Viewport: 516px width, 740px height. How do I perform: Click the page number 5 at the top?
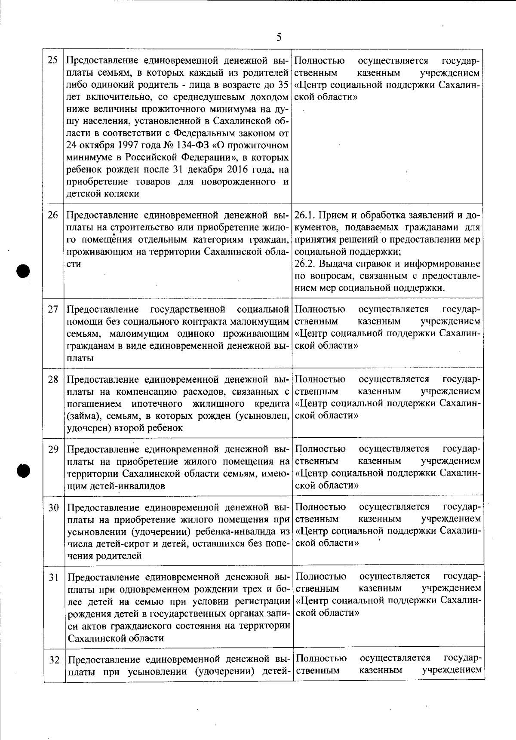click(279, 37)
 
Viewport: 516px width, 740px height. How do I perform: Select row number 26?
click(53, 215)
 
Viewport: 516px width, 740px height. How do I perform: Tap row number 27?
click(53, 309)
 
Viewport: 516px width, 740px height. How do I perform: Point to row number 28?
click(53, 380)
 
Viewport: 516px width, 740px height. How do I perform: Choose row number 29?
click(53, 450)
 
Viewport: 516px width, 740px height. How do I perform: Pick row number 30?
click(53, 508)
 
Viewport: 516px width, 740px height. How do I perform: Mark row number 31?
click(53, 577)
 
